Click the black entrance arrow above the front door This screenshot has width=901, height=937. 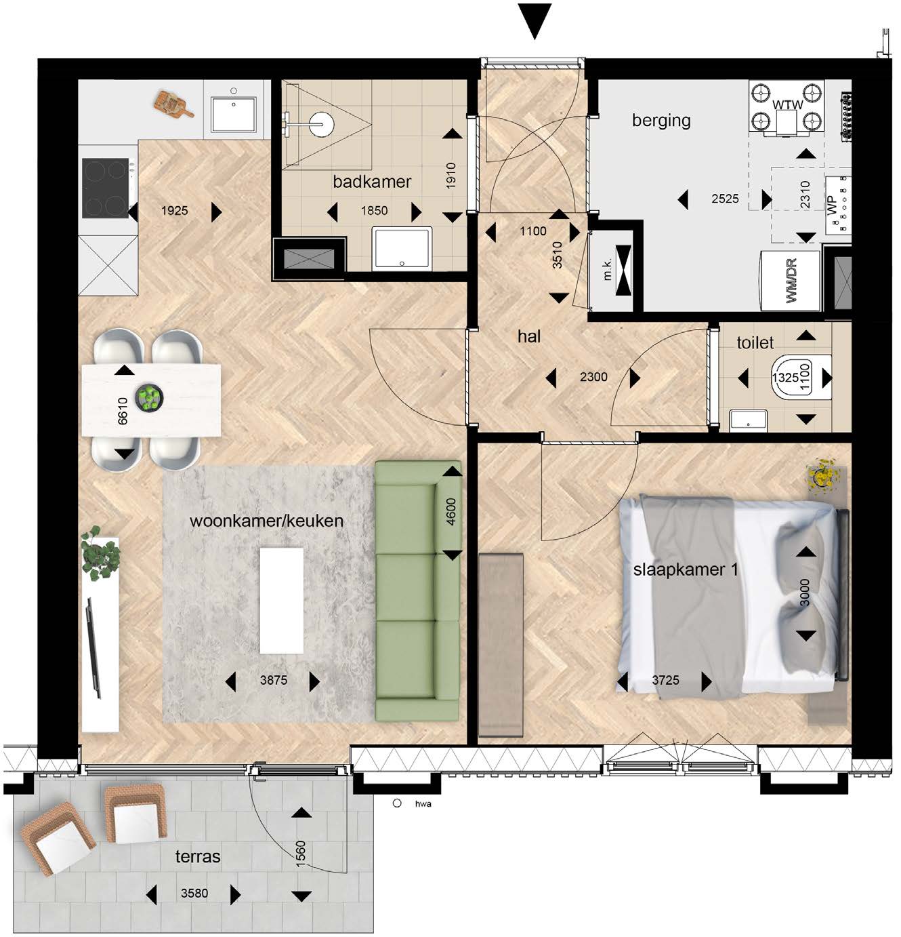tap(535, 20)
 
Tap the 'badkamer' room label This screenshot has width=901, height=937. tap(372, 182)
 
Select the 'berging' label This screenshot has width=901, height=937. tap(661, 120)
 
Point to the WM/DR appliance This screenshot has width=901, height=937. tap(790, 281)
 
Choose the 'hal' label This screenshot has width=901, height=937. tap(528, 336)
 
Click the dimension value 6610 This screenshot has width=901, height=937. tap(123, 411)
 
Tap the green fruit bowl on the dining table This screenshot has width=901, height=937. tap(149, 399)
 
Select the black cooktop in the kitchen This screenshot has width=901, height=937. tap(106, 188)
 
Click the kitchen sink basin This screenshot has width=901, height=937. tap(234, 114)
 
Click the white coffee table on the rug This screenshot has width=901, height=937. tap(281, 601)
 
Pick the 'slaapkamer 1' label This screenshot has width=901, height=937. tap(686, 570)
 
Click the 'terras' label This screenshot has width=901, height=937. tap(198, 856)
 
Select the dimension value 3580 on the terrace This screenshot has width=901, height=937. tap(194, 893)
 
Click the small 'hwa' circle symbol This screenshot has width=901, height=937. tap(397, 803)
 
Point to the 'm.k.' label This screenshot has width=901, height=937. tap(607, 268)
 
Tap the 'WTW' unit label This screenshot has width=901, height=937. tap(787, 104)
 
